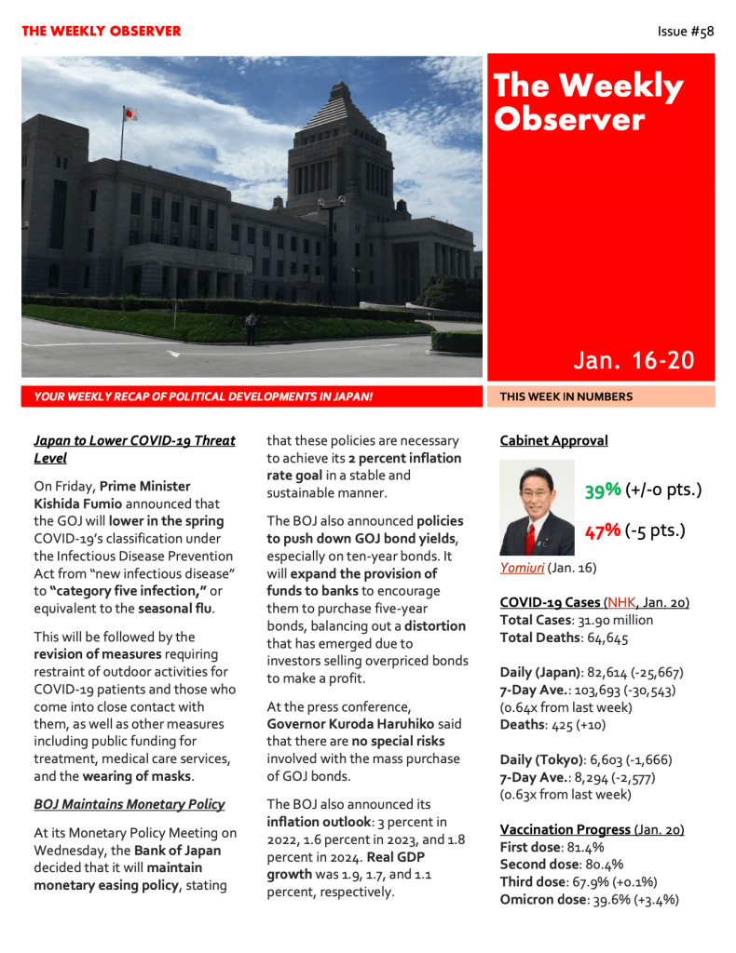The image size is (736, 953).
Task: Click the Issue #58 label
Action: [686, 32]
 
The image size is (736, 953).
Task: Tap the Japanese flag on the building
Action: [129, 114]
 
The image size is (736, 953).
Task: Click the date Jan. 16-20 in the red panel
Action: [634, 360]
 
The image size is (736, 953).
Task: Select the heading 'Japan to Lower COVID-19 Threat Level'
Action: [134, 450]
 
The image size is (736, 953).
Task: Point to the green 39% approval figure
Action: [602, 490]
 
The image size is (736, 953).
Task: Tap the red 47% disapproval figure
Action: [602, 531]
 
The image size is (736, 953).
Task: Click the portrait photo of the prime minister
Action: [537, 507]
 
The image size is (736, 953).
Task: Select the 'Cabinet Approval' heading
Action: [553, 441]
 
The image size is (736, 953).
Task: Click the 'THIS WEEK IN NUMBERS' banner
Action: [566, 396]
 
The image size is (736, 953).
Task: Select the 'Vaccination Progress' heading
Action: [566, 829]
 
